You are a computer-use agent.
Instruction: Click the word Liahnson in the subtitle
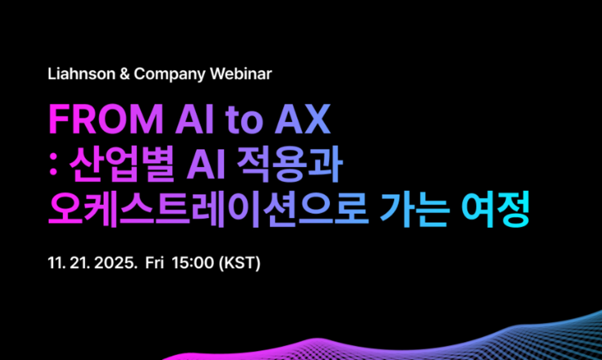[81, 73]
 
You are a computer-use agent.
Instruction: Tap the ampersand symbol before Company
[125, 74]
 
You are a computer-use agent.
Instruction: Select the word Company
[170, 74]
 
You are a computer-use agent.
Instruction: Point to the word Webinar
[241, 73]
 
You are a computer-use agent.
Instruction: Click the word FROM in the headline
[106, 119]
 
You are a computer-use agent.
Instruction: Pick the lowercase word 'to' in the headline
[244, 121]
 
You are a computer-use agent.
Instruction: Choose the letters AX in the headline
[302, 119]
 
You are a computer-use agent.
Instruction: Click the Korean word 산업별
[121, 164]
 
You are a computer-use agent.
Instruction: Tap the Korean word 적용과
[290, 164]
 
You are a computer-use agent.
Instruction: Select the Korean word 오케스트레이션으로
[208, 210]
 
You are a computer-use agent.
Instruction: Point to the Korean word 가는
[414, 210]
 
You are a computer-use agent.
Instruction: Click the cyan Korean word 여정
[495, 210]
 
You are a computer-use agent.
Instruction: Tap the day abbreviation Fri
[155, 262]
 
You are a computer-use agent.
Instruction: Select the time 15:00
[193, 262]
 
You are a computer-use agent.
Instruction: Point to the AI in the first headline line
[195, 119]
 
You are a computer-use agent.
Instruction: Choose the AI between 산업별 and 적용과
[206, 164]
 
